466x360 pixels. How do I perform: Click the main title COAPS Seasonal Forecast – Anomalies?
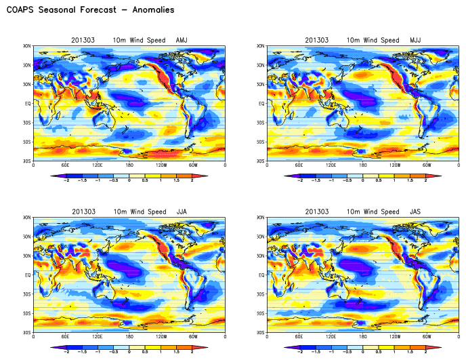pos(90,10)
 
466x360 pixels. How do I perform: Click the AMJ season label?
pos(182,41)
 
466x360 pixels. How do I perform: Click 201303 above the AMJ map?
pos(83,41)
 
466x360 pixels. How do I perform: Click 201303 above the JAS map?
pos(316,212)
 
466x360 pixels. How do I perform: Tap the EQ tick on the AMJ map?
pos(27,104)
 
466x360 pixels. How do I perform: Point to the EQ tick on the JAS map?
pos(260,275)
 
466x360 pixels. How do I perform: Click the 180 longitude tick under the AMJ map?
pos(129,165)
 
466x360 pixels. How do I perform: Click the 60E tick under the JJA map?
pos(66,336)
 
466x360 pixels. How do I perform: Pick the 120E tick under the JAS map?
pos(331,336)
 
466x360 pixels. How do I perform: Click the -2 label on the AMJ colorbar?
pos(66,181)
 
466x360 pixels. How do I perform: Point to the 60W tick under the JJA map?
pos(193,336)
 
